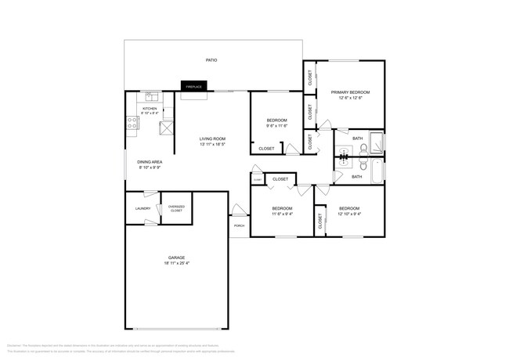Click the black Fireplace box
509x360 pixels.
point(193,86)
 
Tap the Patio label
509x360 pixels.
point(211,59)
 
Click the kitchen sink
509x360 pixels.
point(152,98)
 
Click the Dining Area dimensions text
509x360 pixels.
point(150,167)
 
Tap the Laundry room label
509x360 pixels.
point(143,208)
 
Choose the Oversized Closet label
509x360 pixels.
point(176,209)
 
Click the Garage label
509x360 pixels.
point(176,257)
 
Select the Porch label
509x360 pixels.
point(239,225)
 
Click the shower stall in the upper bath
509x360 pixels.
point(377,144)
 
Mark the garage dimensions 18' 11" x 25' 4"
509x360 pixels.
point(176,263)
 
